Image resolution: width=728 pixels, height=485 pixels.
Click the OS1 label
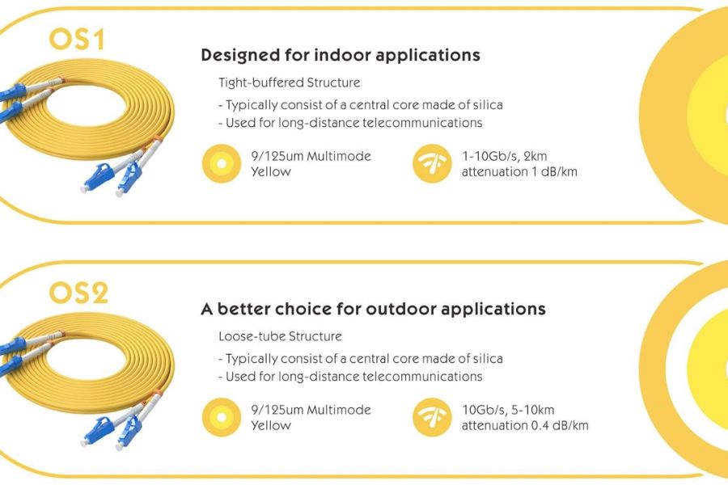coord(77,40)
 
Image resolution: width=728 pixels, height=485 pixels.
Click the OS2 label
coord(78,293)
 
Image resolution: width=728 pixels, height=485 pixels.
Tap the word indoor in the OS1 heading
coord(343,55)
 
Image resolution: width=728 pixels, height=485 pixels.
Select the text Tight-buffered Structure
coord(290,82)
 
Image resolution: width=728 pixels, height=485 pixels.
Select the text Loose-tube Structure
coord(280,336)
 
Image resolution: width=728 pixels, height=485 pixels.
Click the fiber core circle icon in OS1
coord(222,163)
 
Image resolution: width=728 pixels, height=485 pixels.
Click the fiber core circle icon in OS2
coord(222,417)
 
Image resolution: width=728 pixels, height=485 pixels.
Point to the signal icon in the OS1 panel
coord(432,163)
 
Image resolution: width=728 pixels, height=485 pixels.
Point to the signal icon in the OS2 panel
coord(432,417)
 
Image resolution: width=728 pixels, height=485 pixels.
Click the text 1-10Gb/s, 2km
coord(504,156)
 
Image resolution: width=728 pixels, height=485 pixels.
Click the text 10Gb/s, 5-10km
coord(508,410)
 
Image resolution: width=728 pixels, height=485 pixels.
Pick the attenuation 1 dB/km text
coord(519,171)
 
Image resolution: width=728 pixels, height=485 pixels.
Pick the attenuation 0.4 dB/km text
coord(525,426)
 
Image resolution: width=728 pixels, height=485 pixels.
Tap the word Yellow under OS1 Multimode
coord(271,171)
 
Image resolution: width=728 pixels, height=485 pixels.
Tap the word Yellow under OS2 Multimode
coord(271,426)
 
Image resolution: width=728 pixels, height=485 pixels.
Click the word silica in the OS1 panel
coord(488,105)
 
